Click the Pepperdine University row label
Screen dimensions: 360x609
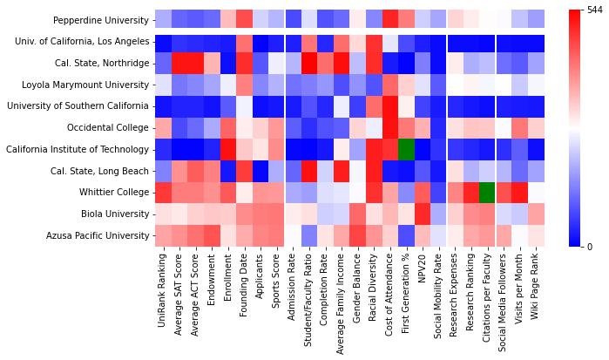pos(101,20)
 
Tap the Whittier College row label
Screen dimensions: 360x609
pos(114,193)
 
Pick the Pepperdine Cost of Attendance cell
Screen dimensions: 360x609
pos(389,20)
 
